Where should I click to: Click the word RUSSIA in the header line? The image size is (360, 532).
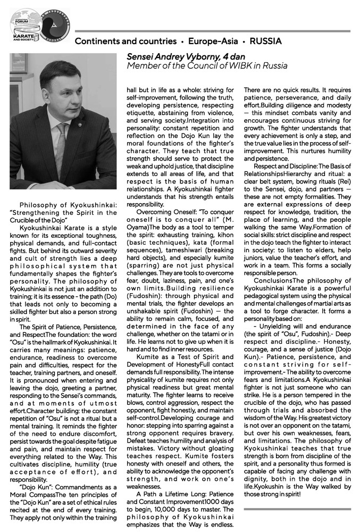(x=265, y=41)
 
